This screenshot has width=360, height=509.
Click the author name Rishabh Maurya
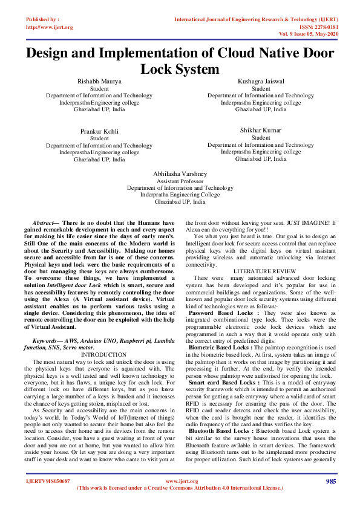(x=99, y=80)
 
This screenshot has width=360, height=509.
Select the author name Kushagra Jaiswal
(x=261, y=80)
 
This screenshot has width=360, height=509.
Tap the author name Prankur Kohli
(x=99, y=131)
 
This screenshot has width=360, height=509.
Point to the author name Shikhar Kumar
(x=261, y=130)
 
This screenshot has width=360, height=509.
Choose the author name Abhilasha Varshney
(x=180, y=173)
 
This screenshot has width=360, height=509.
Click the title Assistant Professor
(x=180, y=181)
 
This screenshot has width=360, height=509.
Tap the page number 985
(x=330, y=481)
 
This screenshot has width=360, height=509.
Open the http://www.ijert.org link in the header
(x=50, y=27)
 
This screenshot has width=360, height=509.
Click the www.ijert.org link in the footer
(x=180, y=481)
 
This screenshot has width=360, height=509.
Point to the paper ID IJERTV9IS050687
(x=48, y=481)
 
